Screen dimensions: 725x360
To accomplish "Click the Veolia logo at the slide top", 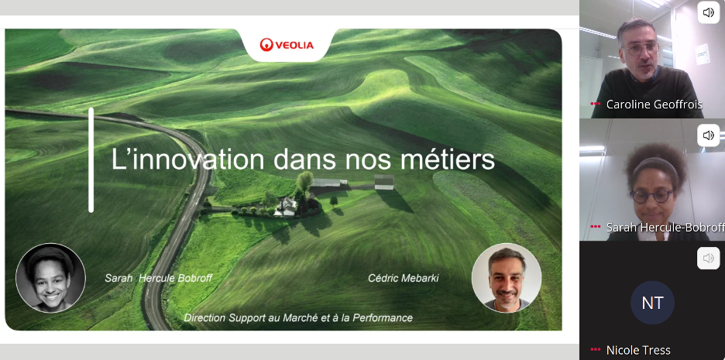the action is tap(287, 45).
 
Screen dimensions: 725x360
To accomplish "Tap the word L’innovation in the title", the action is tap(187, 159).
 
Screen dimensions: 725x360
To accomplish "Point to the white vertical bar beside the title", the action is tap(91, 160).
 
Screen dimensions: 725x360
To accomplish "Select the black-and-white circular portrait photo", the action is tap(51, 278).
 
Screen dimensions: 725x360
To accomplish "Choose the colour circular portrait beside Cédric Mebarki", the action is tap(507, 278).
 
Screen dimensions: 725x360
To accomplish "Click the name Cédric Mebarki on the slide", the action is tap(404, 278).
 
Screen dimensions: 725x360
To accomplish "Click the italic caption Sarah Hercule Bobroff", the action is tap(159, 278).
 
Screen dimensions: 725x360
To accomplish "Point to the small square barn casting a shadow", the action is tap(384, 182).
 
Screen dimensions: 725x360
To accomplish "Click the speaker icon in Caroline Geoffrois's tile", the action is tap(709, 12).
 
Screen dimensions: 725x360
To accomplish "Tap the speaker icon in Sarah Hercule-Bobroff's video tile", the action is tap(709, 135).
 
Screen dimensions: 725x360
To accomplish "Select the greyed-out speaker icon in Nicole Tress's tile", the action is tap(709, 259).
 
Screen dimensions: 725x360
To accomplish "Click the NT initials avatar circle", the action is tap(652, 303).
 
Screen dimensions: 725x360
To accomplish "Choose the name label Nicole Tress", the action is tap(638, 350).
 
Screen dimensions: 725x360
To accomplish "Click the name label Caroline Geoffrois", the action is tap(655, 105).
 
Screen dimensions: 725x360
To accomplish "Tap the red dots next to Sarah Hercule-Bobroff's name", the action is tap(596, 227).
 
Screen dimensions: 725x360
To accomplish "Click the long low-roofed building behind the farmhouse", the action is tap(328, 182).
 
